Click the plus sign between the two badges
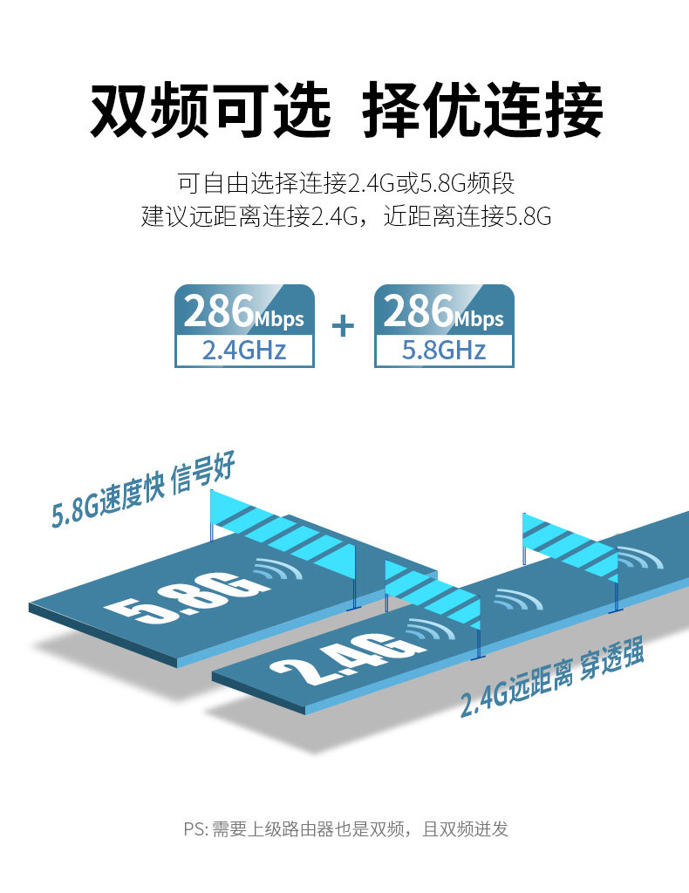tap(344, 326)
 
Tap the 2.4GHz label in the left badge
tap(244, 351)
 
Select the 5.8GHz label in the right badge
tap(443, 351)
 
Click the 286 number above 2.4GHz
tap(217, 310)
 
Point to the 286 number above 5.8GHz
tap(417, 310)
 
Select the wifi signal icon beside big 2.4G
tap(429, 631)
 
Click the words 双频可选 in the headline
tap(210, 112)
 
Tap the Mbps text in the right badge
tap(479, 319)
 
